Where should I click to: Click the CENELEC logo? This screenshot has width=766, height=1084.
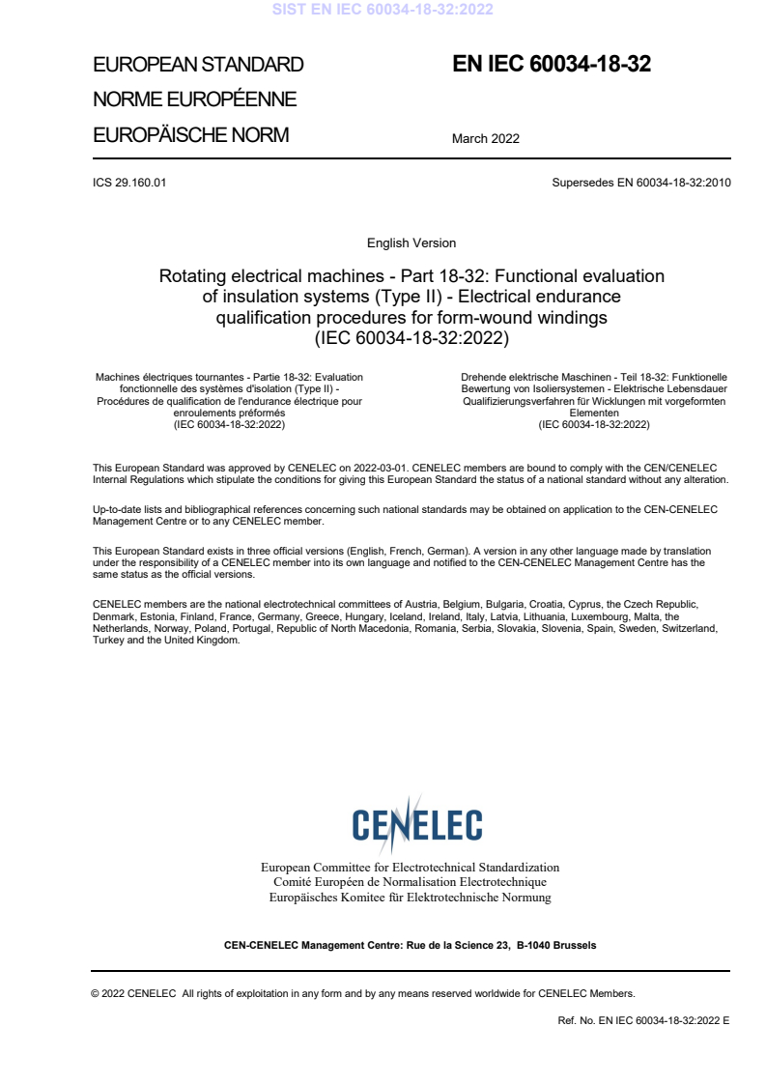(416, 823)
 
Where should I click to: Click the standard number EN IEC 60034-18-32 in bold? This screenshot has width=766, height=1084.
(552, 65)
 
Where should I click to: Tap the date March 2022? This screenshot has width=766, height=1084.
(486, 138)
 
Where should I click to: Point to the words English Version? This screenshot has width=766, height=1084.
(411, 243)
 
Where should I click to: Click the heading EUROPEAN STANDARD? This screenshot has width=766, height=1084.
(198, 66)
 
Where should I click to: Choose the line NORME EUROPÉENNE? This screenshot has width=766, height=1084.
(194, 100)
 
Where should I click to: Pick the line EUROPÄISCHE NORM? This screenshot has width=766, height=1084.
(190, 135)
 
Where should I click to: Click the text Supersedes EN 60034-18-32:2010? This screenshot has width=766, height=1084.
(641, 183)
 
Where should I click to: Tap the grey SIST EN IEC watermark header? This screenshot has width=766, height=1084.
(383, 10)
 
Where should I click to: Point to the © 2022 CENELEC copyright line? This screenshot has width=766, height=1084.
(363, 993)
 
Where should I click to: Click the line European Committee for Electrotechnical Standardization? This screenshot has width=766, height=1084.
(411, 868)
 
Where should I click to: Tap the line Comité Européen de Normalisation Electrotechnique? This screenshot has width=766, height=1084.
(411, 882)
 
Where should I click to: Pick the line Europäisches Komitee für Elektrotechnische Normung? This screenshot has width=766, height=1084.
(411, 898)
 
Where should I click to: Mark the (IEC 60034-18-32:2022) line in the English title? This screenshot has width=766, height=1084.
(411, 338)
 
